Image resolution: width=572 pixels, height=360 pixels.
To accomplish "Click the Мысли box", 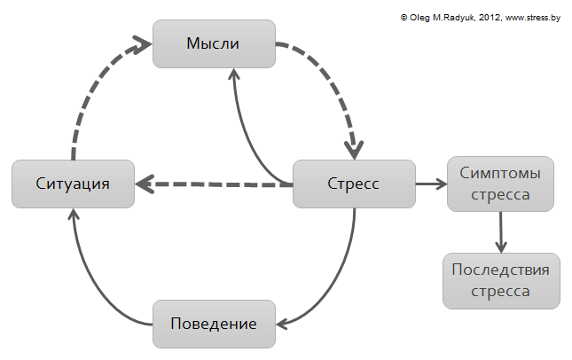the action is [214, 43].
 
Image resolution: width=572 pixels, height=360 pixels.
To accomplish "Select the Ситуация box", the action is [73, 184].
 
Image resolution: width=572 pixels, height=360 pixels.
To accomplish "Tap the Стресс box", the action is [354, 184].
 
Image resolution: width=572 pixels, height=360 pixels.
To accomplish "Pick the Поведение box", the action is [214, 324].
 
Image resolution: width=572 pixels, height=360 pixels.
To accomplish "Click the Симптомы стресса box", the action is [500, 184].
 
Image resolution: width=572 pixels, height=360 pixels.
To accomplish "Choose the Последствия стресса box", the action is [501, 281].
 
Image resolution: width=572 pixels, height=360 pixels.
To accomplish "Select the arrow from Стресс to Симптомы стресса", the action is [431, 184].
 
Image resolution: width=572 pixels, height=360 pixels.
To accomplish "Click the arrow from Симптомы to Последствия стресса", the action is [500, 232].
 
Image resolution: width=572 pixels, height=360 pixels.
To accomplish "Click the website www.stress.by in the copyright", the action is [533, 18].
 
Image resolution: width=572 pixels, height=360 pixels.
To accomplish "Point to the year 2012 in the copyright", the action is [490, 18].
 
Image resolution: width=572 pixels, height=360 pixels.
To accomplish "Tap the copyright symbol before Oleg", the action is [404, 17].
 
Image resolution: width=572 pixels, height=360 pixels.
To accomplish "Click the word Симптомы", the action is [500, 173].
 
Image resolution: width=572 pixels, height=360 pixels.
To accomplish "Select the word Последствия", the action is [500, 270].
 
